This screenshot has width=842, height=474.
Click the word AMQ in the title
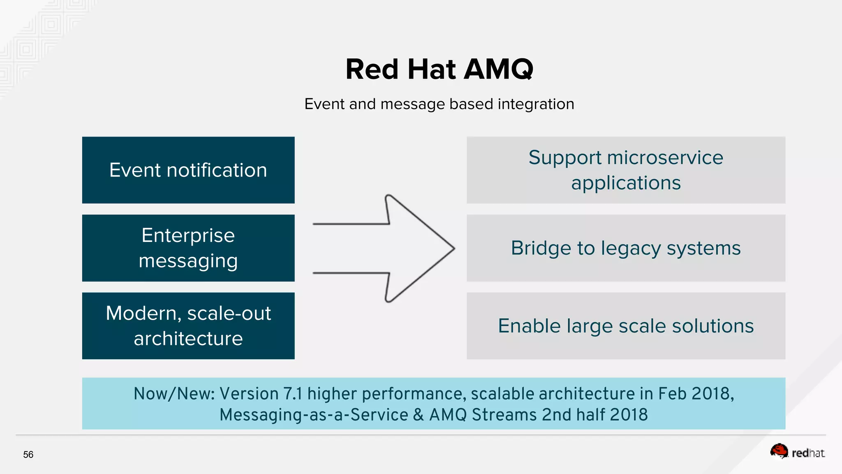pyautogui.click(x=498, y=69)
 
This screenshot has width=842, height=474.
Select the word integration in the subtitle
pyautogui.click(x=536, y=104)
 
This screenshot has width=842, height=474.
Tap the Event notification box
pyautogui.click(x=188, y=170)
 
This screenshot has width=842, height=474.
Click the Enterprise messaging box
pyautogui.click(x=188, y=248)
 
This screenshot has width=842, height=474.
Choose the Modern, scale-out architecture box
pyautogui.click(x=188, y=326)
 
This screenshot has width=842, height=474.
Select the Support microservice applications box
pyautogui.click(x=626, y=170)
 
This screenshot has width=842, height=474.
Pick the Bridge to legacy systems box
pyautogui.click(x=626, y=248)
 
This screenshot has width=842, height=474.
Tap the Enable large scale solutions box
pyautogui.click(x=626, y=326)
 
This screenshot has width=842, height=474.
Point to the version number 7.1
pyautogui.click(x=293, y=394)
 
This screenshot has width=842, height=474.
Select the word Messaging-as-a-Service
pyautogui.click(x=314, y=415)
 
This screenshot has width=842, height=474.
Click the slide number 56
pyautogui.click(x=28, y=455)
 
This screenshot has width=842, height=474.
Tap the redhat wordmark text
pyautogui.click(x=808, y=453)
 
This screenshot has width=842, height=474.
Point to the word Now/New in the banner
pyautogui.click(x=174, y=394)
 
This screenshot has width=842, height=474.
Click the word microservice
pyautogui.click(x=665, y=158)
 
